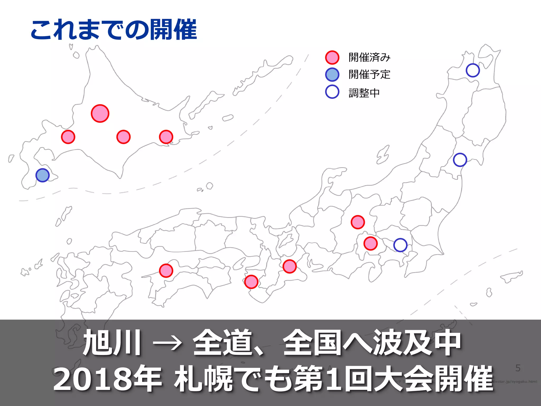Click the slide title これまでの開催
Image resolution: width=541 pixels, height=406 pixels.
pos(114,30)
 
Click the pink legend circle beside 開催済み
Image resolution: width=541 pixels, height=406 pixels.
pos(332,58)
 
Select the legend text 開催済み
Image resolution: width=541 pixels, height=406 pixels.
pos(369,57)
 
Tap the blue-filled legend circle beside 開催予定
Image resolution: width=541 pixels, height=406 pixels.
pos(332,75)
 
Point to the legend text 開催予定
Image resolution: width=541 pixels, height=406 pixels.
pos(369,75)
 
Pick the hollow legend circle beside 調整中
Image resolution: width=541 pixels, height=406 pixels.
pos(332,92)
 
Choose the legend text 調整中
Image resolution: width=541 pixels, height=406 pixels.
pos(364,93)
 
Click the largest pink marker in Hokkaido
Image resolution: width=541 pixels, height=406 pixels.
pos(100,113)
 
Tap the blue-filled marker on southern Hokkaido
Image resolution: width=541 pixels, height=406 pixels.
pos(43,175)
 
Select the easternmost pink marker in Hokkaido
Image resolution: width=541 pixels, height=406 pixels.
pos(166,137)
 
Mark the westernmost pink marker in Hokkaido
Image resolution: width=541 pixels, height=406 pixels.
pos(68,137)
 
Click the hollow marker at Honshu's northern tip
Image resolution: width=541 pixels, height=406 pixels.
pos(473,70)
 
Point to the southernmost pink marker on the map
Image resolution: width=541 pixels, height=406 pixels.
pos(251,282)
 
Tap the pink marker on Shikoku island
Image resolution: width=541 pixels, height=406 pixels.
pos(166,270)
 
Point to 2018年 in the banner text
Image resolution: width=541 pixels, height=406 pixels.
pos(107,379)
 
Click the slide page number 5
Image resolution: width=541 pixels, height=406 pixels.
pos(518,368)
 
